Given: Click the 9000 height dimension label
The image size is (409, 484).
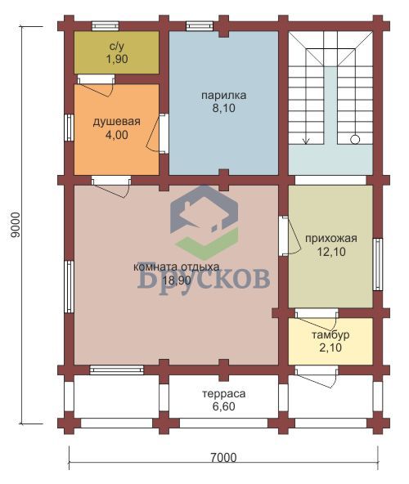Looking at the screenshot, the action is click(16, 225).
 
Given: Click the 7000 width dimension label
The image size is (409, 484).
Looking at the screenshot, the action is click(223, 458).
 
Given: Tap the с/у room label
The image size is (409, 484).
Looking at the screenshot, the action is click(117, 47).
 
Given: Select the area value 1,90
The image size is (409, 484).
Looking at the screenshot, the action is click(117, 59).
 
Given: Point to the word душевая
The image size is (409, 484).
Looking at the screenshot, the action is click(117, 122).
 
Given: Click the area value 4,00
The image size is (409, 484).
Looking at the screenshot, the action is click(117, 135).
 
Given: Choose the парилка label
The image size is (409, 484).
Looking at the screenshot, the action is click(223, 96).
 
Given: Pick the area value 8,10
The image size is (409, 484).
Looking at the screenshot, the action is click(223, 108).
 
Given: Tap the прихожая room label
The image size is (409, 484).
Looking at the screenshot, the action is click(331, 239).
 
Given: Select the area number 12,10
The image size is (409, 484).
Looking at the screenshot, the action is click(331, 252).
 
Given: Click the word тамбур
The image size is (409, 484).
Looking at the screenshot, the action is click(330, 335).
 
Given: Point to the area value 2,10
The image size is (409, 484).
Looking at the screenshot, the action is click(330, 348).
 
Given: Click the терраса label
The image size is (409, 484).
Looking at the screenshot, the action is click(224, 394).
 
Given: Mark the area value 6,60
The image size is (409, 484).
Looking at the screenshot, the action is click(224, 406).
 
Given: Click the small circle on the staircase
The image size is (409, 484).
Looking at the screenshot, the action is click(355, 140).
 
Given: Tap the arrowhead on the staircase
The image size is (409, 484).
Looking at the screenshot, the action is click(306, 141).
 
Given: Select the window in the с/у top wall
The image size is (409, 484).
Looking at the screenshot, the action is click(106, 26).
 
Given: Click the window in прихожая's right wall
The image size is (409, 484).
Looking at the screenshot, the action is click(378, 264).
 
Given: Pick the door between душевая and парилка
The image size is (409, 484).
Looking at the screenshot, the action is click(164, 133).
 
